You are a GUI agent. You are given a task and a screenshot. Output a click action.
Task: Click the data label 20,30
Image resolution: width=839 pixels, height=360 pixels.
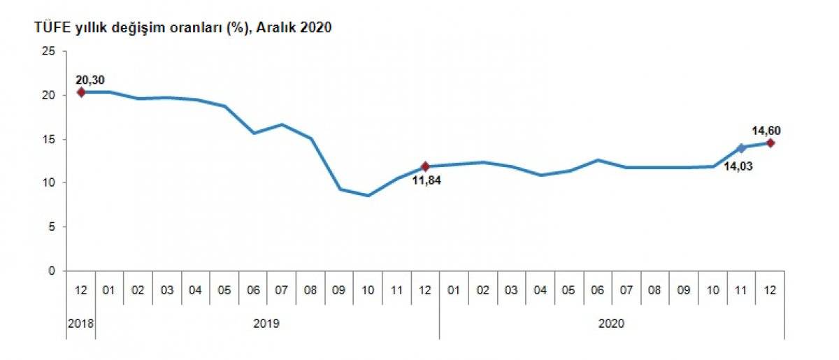coord(89,79)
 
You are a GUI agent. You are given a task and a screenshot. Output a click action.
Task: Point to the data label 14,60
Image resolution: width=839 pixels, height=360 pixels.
coord(766,129)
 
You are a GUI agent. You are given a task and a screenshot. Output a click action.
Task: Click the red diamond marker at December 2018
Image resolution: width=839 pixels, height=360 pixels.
coord(81,92)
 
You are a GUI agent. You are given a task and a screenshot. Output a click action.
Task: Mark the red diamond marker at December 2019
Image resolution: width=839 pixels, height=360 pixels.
coord(425,166)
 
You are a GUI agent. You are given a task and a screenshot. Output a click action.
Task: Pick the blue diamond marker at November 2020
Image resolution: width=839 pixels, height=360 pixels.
coord(741,147)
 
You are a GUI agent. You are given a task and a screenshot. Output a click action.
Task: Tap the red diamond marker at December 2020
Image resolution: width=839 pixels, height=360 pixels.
coord(770,143)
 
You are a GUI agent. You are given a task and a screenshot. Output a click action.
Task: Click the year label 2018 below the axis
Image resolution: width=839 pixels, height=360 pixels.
coord(80,324)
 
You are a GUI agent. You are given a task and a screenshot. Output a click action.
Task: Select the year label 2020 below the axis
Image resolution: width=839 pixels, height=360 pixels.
coord(612,324)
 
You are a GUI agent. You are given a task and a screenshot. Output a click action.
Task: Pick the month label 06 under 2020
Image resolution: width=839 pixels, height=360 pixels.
coord(597,290)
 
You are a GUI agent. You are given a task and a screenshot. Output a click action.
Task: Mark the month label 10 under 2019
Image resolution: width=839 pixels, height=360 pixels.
coord(368,290)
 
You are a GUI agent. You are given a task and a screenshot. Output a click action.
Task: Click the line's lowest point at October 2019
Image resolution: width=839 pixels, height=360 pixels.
coord(368,195)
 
